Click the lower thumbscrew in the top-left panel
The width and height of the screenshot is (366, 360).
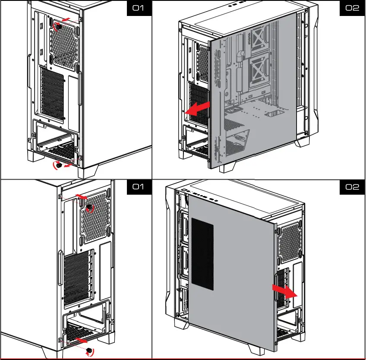pyautogui.click(x=56, y=164)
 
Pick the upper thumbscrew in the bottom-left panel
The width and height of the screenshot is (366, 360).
pyautogui.click(x=89, y=208)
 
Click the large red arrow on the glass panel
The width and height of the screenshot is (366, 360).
pyautogui.click(x=199, y=107)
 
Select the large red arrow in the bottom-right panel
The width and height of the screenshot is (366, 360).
pyautogui.click(x=284, y=292)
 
